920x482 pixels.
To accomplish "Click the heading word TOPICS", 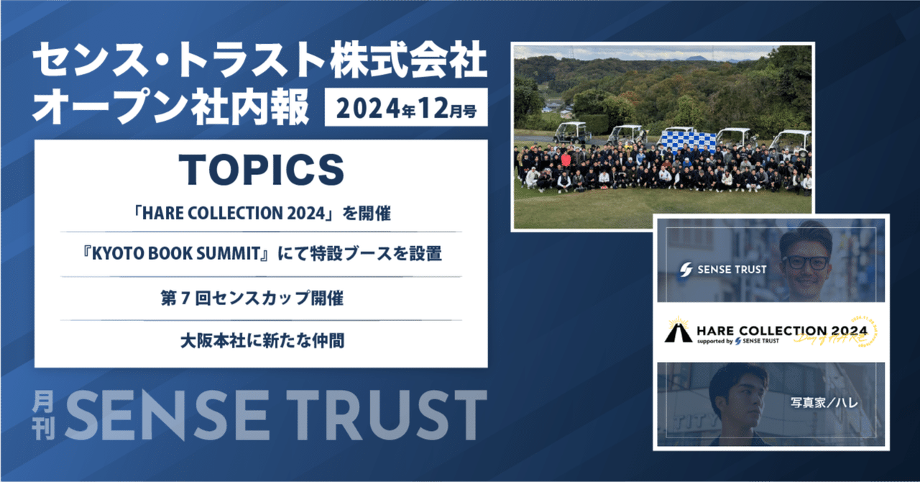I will [x=261, y=170].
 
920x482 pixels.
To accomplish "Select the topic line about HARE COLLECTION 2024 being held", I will [x=261, y=214].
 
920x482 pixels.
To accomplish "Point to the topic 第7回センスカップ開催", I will [x=261, y=297].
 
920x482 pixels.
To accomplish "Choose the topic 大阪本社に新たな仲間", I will [x=261, y=340].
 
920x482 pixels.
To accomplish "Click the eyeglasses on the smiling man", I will [x=805, y=262].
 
